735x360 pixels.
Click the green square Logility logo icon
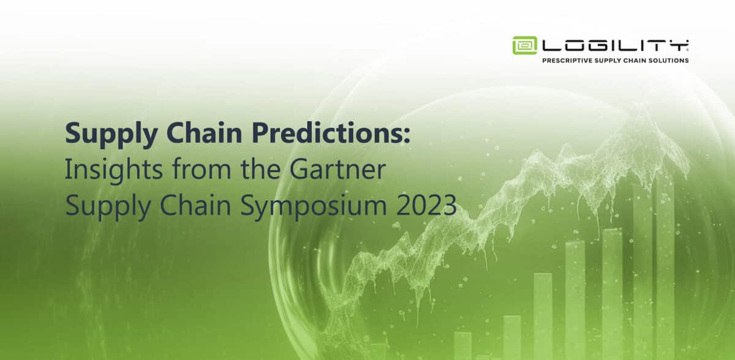coord(525,45)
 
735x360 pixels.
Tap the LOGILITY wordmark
coord(615,45)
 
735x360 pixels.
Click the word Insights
coord(114,169)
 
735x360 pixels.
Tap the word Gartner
coord(337,169)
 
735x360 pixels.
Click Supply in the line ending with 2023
coord(108,206)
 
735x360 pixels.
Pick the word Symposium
coord(314,206)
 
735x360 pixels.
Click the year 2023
coord(426,205)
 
